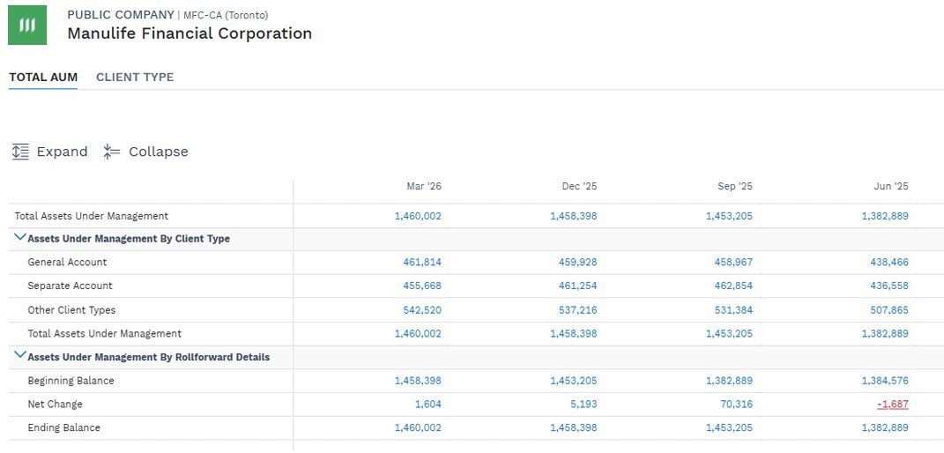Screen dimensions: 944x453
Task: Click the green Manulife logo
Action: (x=27, y=26)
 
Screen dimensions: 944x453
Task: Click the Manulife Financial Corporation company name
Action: (x=190, y=33)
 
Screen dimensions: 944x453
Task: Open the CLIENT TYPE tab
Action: (x=135, y=77)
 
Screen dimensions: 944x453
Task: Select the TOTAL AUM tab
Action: (x=43, y=77)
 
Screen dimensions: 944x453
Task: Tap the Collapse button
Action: (x=145, y=152)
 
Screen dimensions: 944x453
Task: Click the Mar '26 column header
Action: (x=424, y=187)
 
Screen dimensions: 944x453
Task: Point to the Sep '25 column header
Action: (x=735, y=187)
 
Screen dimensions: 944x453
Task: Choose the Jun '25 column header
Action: (x=891, y=187)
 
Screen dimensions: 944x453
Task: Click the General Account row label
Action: (x=67, y=263)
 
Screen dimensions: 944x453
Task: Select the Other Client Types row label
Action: (x=71, y=310)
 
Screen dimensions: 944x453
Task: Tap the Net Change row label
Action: (x=55, y=405)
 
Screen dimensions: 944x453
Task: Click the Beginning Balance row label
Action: (x=71, y=381)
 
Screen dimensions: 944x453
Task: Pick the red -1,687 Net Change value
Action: (x=893, y=405)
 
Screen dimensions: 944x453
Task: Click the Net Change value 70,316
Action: (x=736, y=405)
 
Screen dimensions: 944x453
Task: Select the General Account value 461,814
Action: (x=422, y=263)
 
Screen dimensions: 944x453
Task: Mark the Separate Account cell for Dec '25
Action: (x=578, y=286)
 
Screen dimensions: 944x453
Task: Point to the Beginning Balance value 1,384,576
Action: (x=885, y=381)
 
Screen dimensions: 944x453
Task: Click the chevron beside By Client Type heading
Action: (x=20, y=238)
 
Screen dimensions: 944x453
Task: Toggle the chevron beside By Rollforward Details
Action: (x=20, y=355)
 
